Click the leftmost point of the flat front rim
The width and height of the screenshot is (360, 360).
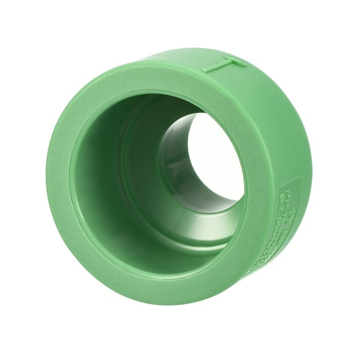tap(48, 180)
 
